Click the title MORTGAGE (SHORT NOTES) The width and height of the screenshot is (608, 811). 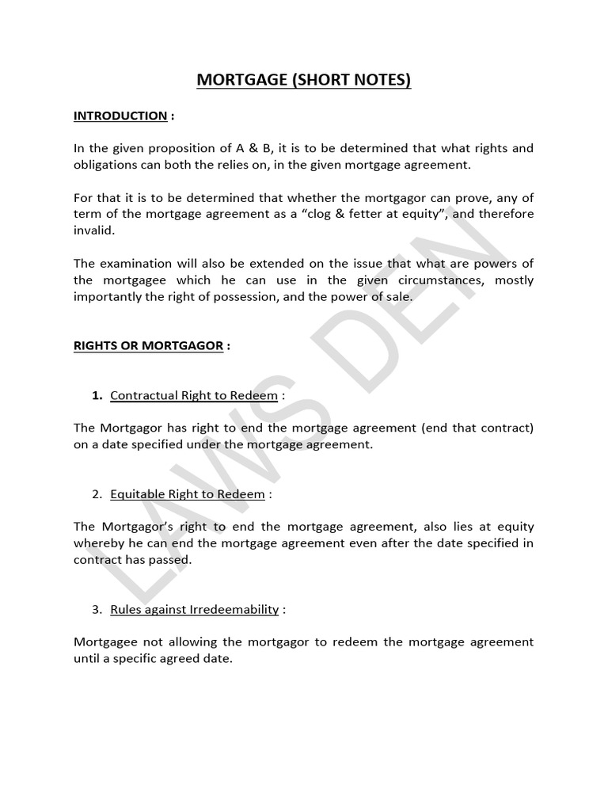tap(304, 81)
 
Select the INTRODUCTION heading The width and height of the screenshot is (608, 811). tap(120, 116)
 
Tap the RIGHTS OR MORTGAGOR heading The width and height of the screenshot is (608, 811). tap(148, 345)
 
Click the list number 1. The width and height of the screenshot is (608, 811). tap(97, 395)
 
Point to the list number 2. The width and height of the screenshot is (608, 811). tap(97, 494)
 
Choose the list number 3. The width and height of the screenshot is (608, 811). tap(97, 609)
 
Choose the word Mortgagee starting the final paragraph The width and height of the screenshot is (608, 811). tap(107, 642)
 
